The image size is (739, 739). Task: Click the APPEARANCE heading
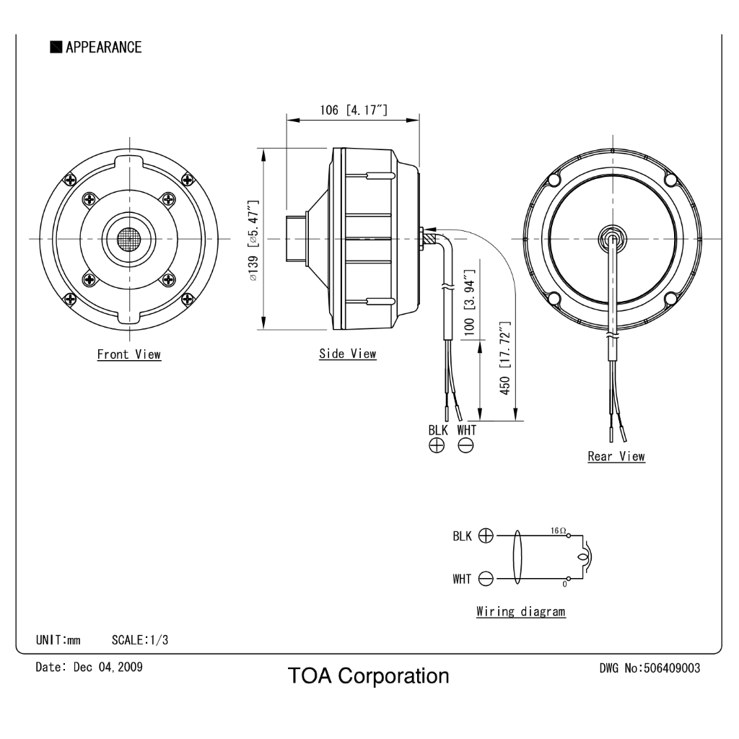click(x=103, y=47)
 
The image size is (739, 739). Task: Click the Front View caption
click(x=129, y=354)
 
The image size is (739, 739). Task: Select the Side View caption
click(x=348, y=354)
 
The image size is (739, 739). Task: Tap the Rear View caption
click(x=616, y=456)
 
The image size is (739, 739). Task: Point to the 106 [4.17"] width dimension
click(x=354, y=110)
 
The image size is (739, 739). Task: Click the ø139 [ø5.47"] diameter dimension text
click(x=253, y=240)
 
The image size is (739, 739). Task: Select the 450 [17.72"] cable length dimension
click(x=504, y=358)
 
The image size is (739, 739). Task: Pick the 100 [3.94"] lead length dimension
click(x=469, y=302)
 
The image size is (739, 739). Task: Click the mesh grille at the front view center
click(x=129, y=240)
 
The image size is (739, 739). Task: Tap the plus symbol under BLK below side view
click(x=437, y=445)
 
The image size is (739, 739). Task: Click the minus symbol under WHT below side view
click(x=465, y=445)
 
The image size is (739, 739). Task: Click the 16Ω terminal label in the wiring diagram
click(x=558, y=530)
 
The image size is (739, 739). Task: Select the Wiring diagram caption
click(x=521, y=612)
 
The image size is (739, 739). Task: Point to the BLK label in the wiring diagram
click(x=462, y=536)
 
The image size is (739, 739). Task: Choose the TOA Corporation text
click(x=369, y=675)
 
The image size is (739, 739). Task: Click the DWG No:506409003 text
click(x=650, y=668)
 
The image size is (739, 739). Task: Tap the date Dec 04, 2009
click(x=108, y=667)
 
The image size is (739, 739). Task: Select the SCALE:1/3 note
click(x=140, y=640)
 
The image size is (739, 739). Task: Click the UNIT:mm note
click(x=58, y=640)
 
